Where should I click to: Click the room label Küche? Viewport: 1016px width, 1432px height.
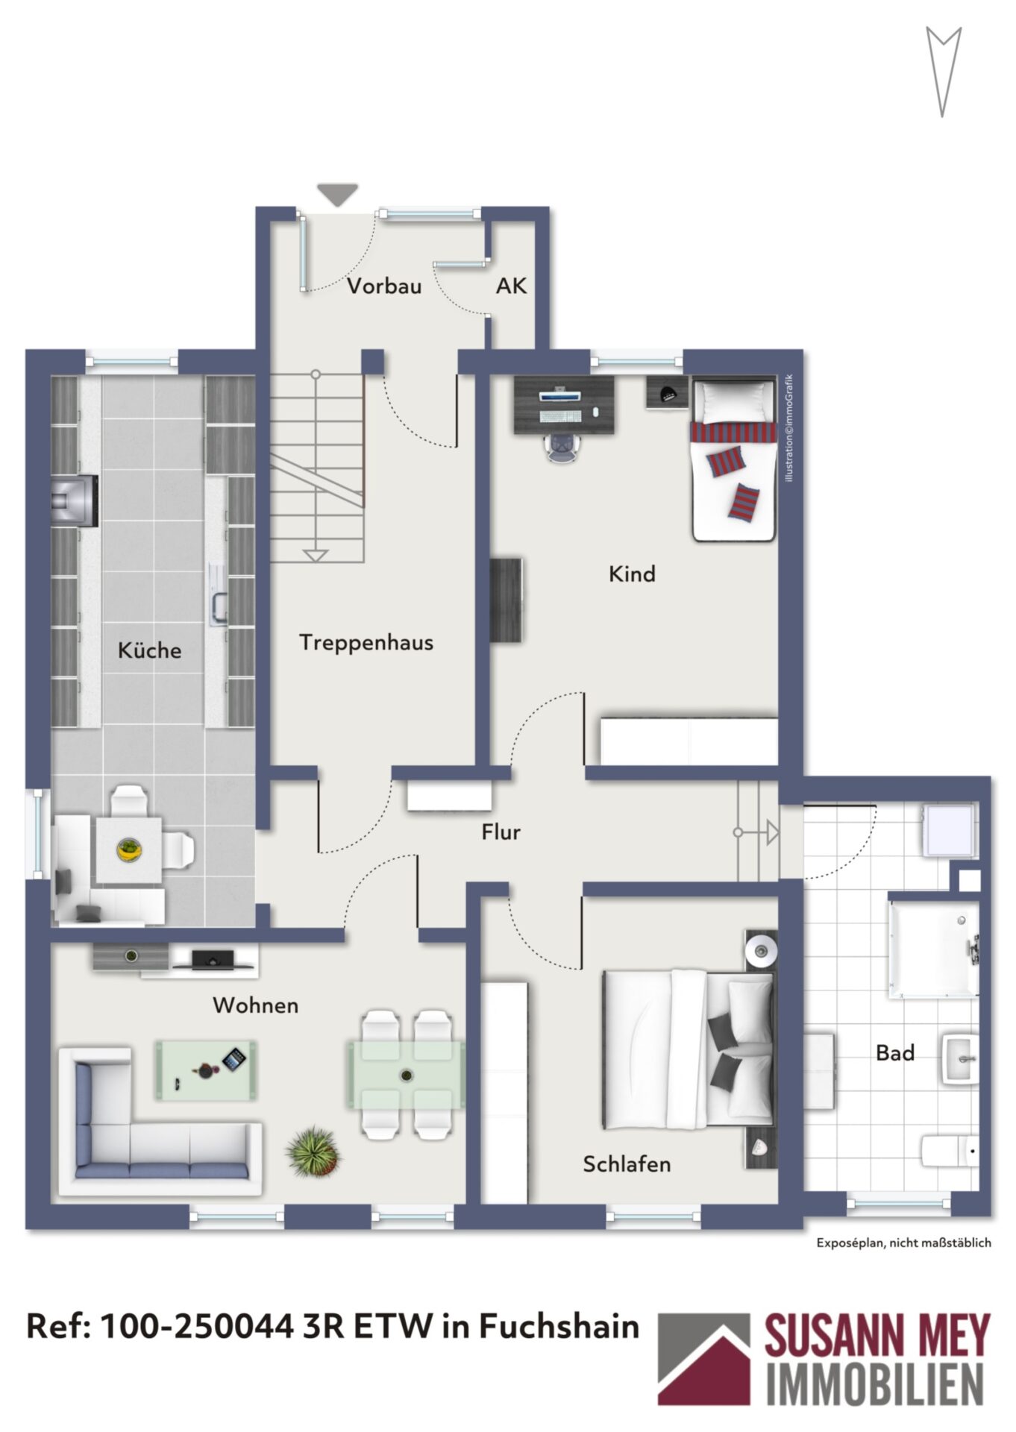149,650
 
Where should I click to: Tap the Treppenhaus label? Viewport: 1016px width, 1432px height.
366,642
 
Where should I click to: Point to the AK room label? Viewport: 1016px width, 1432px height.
511,285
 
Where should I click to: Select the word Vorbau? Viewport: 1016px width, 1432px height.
383,286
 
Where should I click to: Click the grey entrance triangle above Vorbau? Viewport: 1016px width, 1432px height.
338,195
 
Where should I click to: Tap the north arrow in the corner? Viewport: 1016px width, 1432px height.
943,71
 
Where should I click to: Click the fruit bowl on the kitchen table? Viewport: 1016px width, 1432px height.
130,850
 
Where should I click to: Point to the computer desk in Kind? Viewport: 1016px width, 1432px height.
565,404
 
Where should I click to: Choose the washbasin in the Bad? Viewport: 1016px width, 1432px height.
960,1058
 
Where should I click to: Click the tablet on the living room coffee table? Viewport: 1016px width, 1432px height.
234,1059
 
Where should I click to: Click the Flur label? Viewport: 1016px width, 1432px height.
501,832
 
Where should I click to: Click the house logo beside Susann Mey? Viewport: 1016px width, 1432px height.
703,1359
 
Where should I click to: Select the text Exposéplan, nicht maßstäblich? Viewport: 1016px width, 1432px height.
903,1243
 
